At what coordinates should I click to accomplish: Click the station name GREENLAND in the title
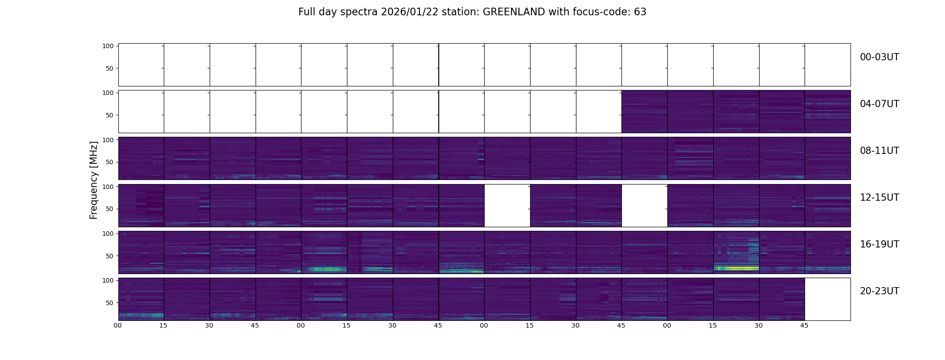[x=513, y=12]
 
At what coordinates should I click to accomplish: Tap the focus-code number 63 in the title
[x=640, y=12]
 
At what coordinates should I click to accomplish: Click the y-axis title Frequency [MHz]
[x=94, y=180]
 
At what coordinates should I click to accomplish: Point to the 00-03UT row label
[x=879, y=57]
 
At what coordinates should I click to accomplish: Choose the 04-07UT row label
[x=879, y=104]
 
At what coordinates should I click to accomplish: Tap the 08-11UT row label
[x=879, y=151]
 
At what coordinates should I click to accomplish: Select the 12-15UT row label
[x=879, y=198]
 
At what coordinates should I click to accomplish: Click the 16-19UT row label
[x=879, y=244]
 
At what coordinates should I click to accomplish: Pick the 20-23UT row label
[x=879, y=291]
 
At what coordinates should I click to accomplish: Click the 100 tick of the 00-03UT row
[x=108, y=46]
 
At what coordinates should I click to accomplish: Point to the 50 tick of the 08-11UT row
[x=110, y=162]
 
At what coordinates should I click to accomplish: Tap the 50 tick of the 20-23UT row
[x=110, y=303]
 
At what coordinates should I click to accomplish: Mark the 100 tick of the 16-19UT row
[x=108, y=234]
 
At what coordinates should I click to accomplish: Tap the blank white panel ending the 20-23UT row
[x=827, y=299]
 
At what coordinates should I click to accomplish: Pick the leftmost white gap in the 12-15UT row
[x=507, y=206]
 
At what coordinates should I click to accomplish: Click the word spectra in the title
[x=359, y=12]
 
